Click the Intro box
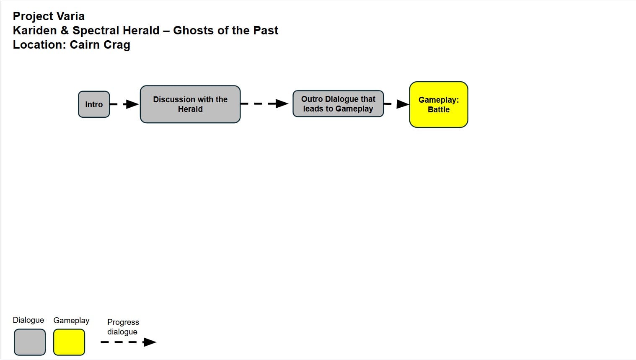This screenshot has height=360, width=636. click(94, 104)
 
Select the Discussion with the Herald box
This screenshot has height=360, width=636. click(190, 104)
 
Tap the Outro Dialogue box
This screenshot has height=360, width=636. click(338, 104)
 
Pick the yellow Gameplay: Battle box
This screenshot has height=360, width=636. click(439, 104)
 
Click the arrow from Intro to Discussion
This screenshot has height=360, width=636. click(124, 104)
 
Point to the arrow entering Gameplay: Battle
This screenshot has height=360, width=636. click(396, 104)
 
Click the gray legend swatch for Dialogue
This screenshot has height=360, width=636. click(29, 342)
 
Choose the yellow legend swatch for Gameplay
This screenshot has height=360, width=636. click(69, 342)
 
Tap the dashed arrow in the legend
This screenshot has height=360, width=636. click(129, 342)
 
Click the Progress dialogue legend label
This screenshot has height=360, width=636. click(123, 327)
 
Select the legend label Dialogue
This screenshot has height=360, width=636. click(28, 320)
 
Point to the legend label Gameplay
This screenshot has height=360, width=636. click(71, 321)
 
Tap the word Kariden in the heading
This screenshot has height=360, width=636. click(35, 30)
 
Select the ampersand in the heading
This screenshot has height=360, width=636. click(65, 30)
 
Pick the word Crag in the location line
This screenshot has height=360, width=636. click(117, 45)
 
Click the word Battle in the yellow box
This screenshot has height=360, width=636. click(439, 109)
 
